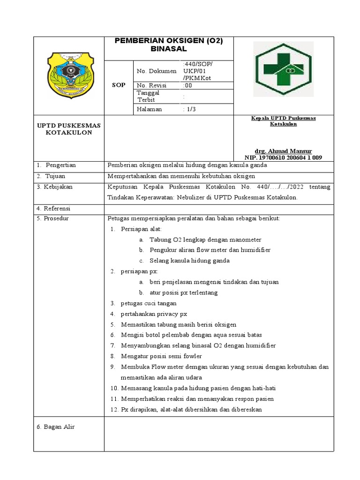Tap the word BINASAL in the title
pos(168,49)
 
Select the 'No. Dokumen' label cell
pos(157,71)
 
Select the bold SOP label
pos(119,85)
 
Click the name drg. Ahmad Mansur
pos(283,151)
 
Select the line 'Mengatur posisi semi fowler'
pos(161,356)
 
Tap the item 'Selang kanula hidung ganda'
pos(189,261)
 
